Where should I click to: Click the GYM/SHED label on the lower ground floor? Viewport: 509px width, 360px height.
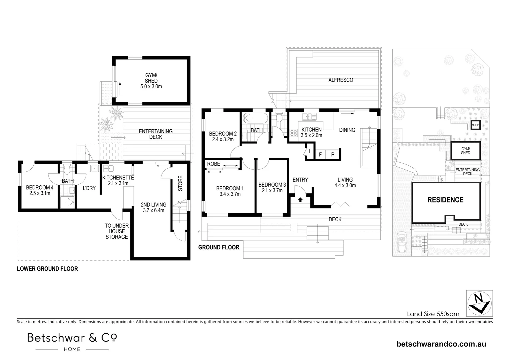pyautogui.click(x=151, y=81)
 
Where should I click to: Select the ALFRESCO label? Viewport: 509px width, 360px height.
pyautogui.click(x=340, y=80)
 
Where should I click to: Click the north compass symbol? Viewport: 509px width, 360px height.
pyautogui.click(x=479, y=303)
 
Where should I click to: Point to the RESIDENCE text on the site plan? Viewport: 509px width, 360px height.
pyautogui.click(x=445, y=200)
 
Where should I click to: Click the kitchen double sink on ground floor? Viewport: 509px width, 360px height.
pyautogui.click(x=309, y=116)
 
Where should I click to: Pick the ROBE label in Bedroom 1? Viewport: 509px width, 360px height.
pyautogui.click(x=214, y=164)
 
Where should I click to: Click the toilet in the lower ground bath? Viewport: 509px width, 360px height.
pyautogui.click(x=67, y=170)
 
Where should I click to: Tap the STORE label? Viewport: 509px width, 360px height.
pyautogui.click(x=180, y=183)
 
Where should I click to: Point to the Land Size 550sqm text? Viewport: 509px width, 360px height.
pyautogui.click(x=433, y=314)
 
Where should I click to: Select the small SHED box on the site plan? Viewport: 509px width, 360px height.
pyautogui.click(x=475, y=125)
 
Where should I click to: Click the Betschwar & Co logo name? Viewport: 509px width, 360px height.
pyautogui.click(x=72, y=338)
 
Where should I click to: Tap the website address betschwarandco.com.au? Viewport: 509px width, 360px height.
pyautogui.click(x=441, y=344)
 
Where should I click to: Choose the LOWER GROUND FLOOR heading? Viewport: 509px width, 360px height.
pyautogui.click(x=47, y=269)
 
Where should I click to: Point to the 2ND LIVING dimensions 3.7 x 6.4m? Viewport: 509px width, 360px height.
pyautogui.click(x=153, y=210)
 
